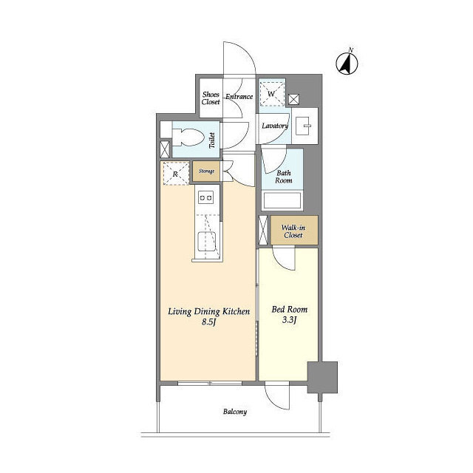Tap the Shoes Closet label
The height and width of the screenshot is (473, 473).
[x=211, y=98]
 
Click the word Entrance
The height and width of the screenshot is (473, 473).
[x=239, y=97]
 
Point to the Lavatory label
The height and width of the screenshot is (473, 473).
[x=275, y=126]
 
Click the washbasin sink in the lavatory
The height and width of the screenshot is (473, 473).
[x=303, y=126]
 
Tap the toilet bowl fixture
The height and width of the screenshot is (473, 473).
[x=187, y=137]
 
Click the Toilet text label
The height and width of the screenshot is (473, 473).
[x=212, y=140]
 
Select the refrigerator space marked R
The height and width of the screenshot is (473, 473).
[x=176, y=174]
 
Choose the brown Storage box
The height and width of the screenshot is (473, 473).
[x=206, y=171]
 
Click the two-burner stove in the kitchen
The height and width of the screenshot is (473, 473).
[x=205, y=197]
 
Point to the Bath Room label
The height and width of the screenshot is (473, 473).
[x=284, y=177]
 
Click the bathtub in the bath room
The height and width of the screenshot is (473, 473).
[x=282, y=200]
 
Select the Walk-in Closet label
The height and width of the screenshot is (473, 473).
[x=293, y=231]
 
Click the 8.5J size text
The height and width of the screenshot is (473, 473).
[x=208, y=322]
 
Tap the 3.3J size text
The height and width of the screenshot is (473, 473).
[x=289, y=320]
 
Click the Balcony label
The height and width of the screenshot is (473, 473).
[x=235, y=412]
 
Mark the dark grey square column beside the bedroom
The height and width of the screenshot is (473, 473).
[x=322, y=378]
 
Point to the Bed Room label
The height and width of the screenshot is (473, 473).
[x=290, y=310]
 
